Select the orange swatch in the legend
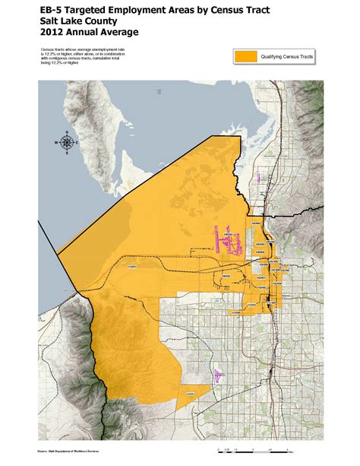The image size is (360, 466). [247, 57]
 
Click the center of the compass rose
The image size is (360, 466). [68, 142]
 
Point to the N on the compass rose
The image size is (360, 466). [68, 132]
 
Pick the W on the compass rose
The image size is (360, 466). [56, 142]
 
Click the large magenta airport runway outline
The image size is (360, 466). [228, 242]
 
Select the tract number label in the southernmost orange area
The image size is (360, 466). [191, 393]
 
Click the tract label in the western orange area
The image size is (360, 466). [132, 266]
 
